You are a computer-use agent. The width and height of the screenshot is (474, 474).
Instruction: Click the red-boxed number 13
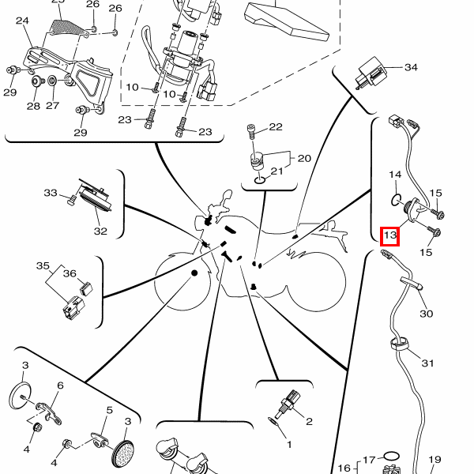tap(390, 235)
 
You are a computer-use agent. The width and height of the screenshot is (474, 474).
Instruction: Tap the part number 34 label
tap(411, 67)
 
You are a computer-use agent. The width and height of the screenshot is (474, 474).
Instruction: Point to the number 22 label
tap(275, 127)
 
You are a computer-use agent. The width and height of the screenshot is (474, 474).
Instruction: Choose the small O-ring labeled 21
tap(260, 180)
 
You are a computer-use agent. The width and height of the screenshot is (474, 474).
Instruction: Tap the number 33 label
tap(51, 193)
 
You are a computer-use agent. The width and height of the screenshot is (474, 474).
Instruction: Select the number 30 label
tap(426, 314)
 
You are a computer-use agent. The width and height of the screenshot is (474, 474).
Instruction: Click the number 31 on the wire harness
tap(427, 363)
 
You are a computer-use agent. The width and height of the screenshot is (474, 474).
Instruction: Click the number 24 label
tap(22, 21)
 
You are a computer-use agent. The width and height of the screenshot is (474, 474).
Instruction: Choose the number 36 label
tap(70, 273)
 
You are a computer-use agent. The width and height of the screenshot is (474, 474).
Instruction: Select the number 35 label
tap(43, 266)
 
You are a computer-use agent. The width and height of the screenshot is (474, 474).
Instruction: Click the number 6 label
tap(59, 386)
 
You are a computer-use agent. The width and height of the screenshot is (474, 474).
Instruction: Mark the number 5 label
tap(110, 410)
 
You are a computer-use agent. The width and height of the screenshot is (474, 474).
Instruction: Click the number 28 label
tap(33, 106)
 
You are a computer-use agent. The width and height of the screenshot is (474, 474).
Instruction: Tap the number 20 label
tap(304, 158)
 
